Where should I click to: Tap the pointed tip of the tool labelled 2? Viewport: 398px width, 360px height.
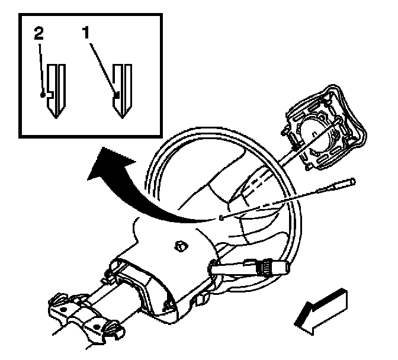click(x=54, y=116)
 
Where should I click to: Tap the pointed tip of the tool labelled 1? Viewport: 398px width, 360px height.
click(x=121, y=116)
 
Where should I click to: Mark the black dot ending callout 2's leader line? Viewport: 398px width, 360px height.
click(x=43, y=94)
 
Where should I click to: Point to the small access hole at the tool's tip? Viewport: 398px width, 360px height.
click(x=220, y=218)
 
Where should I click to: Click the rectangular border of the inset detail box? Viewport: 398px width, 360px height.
click(x=20, y=71)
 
